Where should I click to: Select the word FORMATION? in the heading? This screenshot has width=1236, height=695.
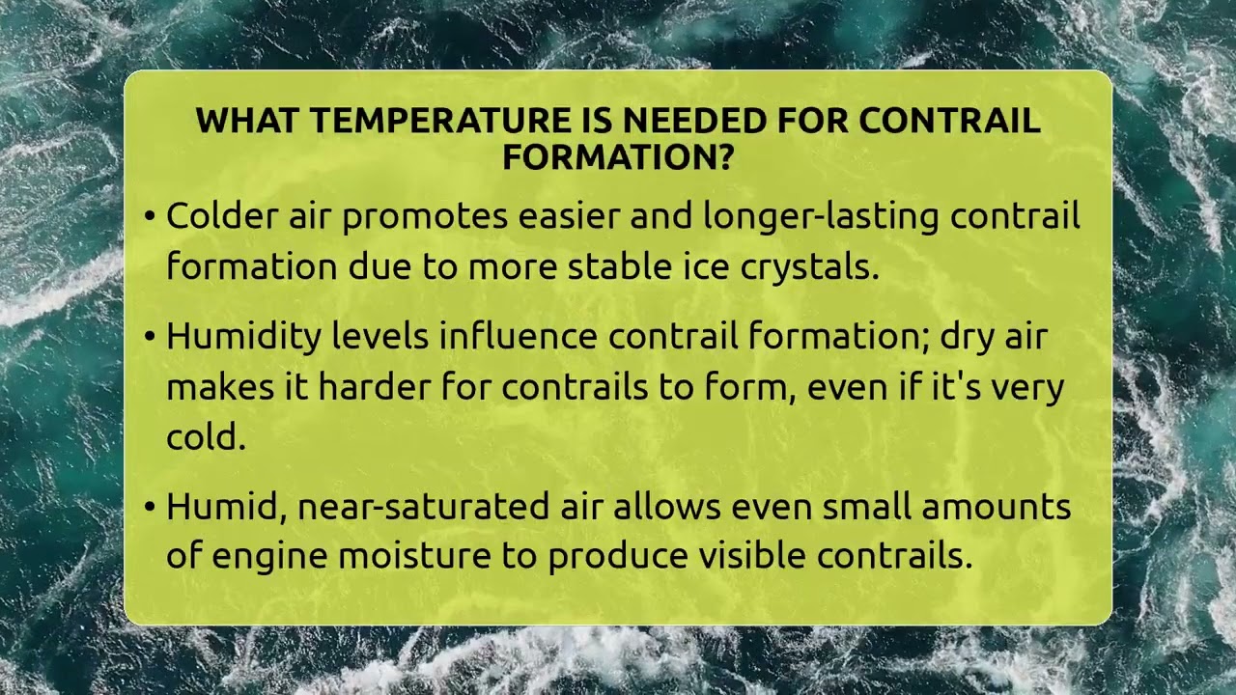(x=618, y=156)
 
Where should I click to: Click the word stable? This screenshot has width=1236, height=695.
(x=612, y=265)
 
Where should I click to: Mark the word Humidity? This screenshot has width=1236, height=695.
(x=242, y=338)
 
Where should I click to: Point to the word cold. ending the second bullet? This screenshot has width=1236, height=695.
(x=206, y=436)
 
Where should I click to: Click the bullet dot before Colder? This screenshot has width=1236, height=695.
(x=150, y=216)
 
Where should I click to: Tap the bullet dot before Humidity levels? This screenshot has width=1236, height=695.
(x=150, y=337)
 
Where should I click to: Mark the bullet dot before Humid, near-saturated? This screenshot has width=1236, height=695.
(x=150, y=507)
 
